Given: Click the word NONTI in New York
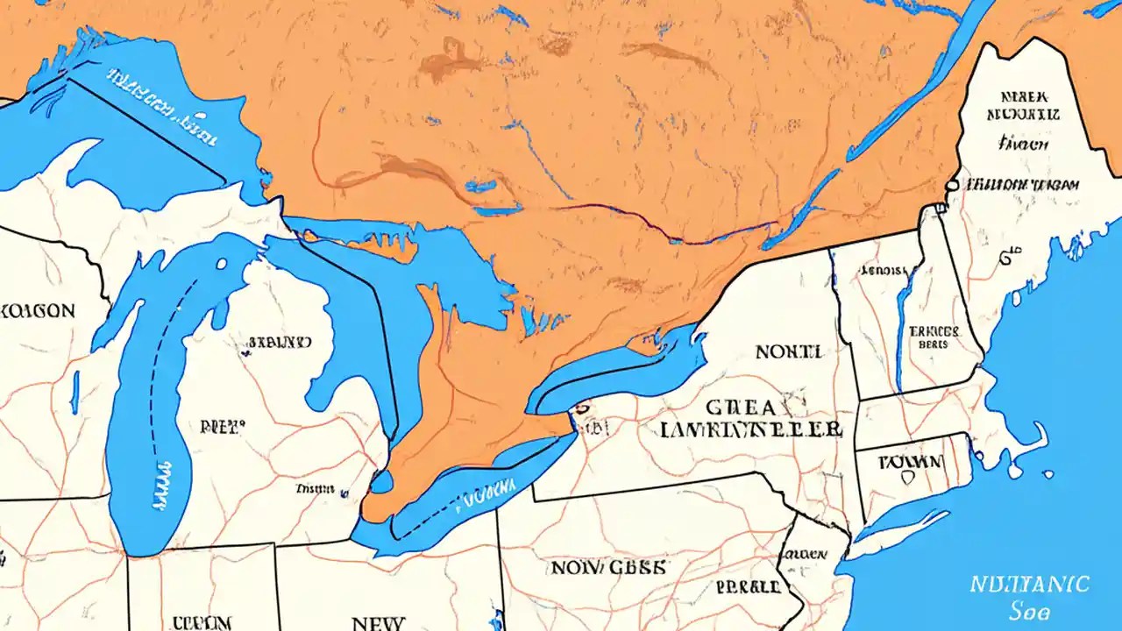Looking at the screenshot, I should pyautogui.click(x=788, y=352).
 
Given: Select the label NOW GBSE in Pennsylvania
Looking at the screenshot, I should pyautogui.click(x=607, y=567).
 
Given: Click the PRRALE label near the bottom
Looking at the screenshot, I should pyautogui.click(x=748, y=586).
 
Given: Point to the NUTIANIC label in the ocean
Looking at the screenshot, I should pyautogui.click(x=1030, y=584).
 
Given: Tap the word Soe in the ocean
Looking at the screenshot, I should pyautogui.click(x=1031, y=611).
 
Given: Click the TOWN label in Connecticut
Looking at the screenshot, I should pyautogui.click(x=912, y=461).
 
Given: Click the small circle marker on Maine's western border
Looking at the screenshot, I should pyautogui.click(x=952, y=185).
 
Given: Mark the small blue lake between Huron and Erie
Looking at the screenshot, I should pyautogui.click(x=381, y=481).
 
